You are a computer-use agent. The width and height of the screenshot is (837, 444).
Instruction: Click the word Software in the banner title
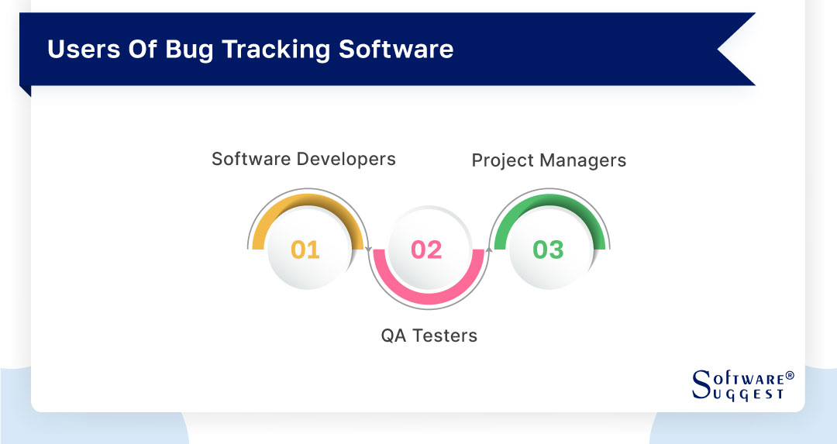[x=397, y=49]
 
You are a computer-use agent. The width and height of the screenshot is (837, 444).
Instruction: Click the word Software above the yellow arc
[x=253, y=159]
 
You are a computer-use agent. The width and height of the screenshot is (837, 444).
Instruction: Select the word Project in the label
[x=501, y=160]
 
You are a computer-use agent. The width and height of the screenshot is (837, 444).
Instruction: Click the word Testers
[x=445, y=336]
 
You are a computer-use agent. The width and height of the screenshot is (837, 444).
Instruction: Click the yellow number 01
[x=305, y=250]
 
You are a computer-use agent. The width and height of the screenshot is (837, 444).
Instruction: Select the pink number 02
[x=426, y=250]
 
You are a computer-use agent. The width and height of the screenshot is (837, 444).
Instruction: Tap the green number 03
[x=548, y=250]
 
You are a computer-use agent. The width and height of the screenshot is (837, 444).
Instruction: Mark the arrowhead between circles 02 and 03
[x=489, y=250]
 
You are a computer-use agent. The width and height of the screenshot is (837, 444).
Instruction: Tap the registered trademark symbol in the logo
[x=790, y=376]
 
